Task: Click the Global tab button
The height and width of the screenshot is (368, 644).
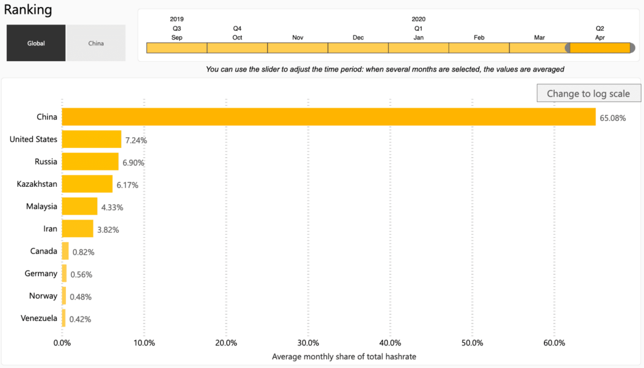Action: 36,43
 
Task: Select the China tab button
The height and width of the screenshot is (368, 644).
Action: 96,43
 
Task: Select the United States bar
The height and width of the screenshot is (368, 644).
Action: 91,139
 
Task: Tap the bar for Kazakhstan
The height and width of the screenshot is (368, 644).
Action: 87,184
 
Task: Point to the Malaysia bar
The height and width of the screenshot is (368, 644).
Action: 79,206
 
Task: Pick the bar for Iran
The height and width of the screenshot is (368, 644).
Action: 77,228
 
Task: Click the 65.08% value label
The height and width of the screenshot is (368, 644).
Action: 613,118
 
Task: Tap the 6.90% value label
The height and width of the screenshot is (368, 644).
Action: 133,162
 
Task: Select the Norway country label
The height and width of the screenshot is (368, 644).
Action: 43,296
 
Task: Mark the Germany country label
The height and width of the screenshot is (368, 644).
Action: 41,273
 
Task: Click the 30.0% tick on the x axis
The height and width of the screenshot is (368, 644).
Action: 308,343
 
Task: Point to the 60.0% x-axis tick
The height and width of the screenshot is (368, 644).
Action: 554,343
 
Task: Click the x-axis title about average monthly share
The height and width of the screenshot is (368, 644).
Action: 343,357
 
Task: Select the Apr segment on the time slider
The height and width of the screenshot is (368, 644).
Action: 600,48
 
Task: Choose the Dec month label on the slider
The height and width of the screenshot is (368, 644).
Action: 358,38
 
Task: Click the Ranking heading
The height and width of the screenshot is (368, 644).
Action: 28,10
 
